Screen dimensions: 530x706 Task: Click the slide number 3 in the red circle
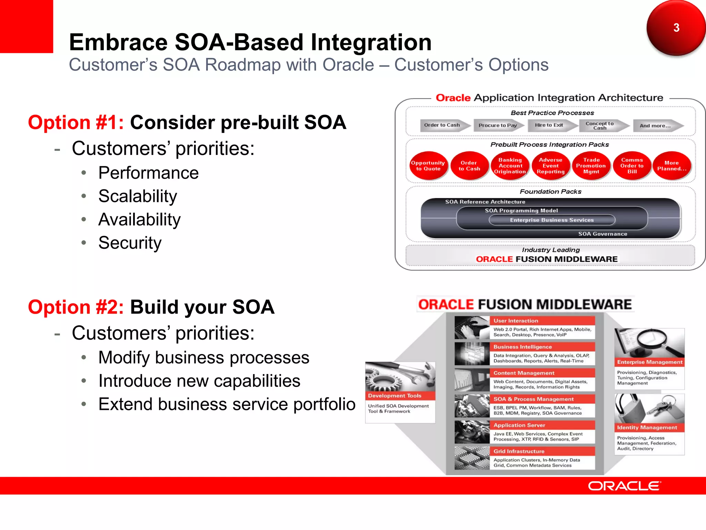click(x=676, y=28)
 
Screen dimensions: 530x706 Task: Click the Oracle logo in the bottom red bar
click(x=624, y=486)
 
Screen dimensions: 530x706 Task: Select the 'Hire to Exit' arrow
click(x=550, y=125)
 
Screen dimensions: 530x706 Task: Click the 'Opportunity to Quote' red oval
click(x=428, y=166)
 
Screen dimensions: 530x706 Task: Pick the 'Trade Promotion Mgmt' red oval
click(x=591, y=166)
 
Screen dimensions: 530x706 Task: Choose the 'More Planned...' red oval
click(x=672, y=166)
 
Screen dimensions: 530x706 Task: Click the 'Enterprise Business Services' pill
click(x=552, y=220)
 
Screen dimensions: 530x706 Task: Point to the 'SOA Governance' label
click(x=603, y=234)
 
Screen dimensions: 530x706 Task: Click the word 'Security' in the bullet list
click(x=130, y=243)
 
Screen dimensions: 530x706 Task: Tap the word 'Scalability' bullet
click(x=138, y=196)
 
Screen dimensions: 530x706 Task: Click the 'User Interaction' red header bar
click(x=542, y=321)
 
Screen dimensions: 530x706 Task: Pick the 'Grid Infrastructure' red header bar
click(x=542, y=451)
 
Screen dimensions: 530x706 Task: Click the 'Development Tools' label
click(x=395, y=396)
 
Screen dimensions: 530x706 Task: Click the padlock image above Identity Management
click(x=649, y=409)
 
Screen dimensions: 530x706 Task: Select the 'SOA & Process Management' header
click(x=542, y=399)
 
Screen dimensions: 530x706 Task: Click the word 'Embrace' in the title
click(x=118, y=42)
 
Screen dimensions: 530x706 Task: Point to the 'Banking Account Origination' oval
click(x=510, y=166)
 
